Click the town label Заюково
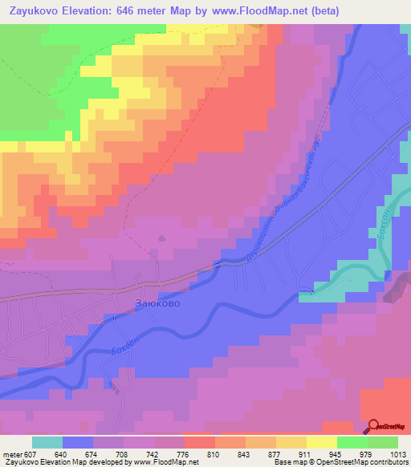(157, 305)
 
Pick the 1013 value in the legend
(399, 455)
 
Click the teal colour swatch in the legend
(47, 442)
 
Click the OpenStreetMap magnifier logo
(374, 427)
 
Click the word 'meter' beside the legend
(12, 455)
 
